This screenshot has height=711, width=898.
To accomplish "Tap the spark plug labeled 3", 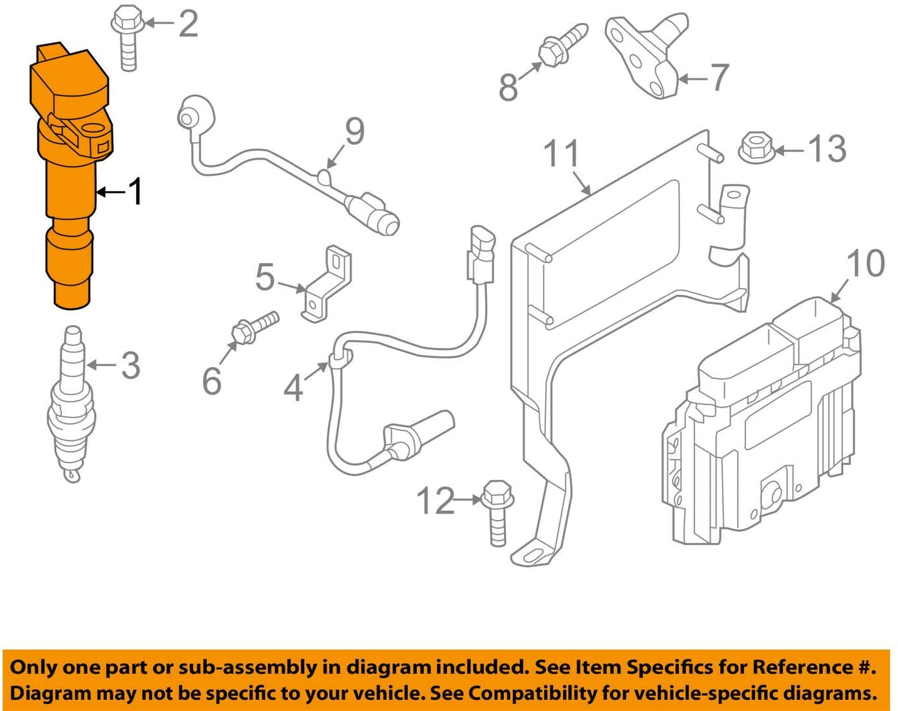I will point(71,406).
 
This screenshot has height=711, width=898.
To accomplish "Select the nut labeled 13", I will point(756,149).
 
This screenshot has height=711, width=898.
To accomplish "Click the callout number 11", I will point(562,154).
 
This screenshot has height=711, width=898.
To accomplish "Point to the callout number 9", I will point(355,131).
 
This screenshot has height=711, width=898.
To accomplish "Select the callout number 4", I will point(293,388).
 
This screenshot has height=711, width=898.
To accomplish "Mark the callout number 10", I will point(865,263).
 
